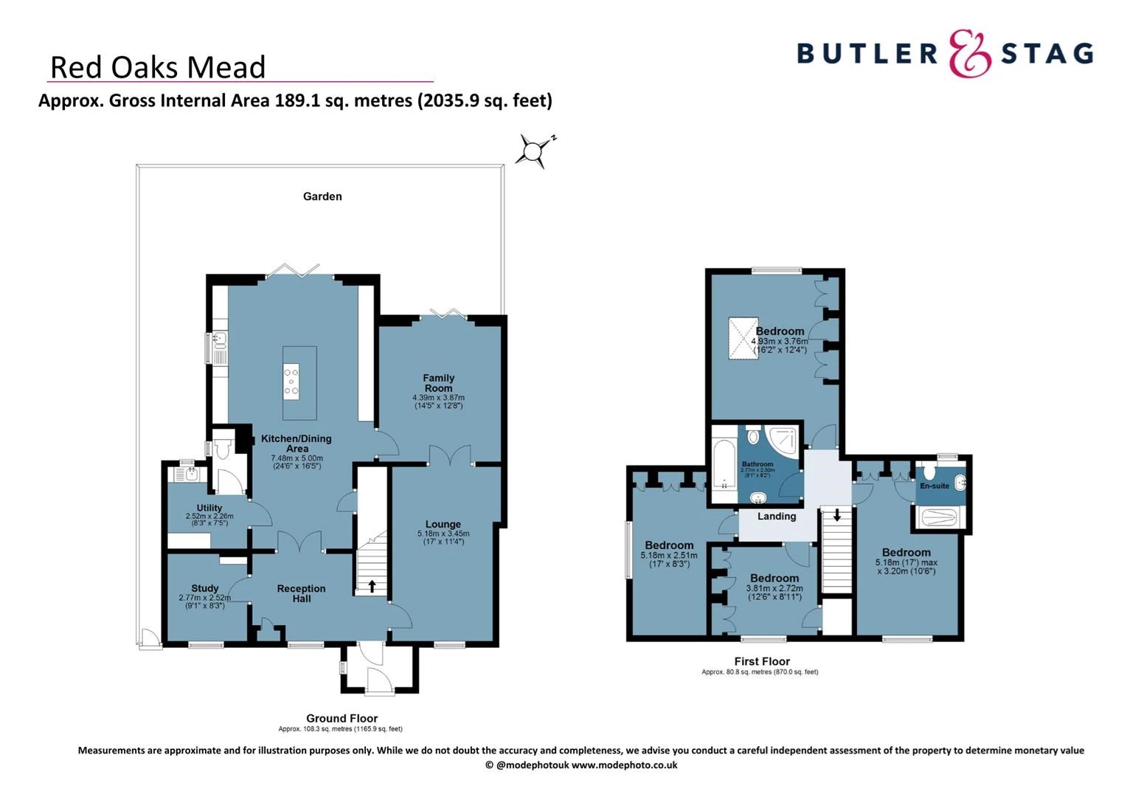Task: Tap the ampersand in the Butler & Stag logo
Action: point(969,54)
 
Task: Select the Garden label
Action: point(322,196)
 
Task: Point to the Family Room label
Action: point(438,383)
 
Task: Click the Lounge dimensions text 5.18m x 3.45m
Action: point(443,534)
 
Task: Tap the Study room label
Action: point(204,588)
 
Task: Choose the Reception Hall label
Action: point(301,593)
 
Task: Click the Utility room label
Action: point(209,508)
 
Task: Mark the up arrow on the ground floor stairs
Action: point(372,586)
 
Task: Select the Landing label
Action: point(777,517)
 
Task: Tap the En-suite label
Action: point(934,486)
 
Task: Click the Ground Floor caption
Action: point(341,718)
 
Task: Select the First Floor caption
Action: point(762,661)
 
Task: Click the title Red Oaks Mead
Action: point(157,67)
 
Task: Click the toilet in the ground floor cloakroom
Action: point(223,448)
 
